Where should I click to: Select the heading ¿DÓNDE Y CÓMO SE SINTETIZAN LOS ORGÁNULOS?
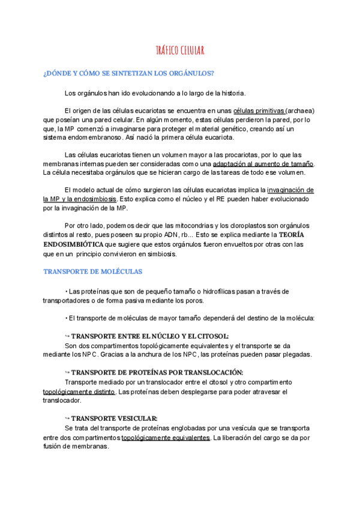[128, 73]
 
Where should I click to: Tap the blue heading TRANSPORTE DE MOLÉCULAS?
[92, 271]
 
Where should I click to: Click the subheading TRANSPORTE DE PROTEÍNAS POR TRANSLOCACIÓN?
[157, 372]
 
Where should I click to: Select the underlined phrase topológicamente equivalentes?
[165, 438]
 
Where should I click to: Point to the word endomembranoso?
[89, 137]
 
